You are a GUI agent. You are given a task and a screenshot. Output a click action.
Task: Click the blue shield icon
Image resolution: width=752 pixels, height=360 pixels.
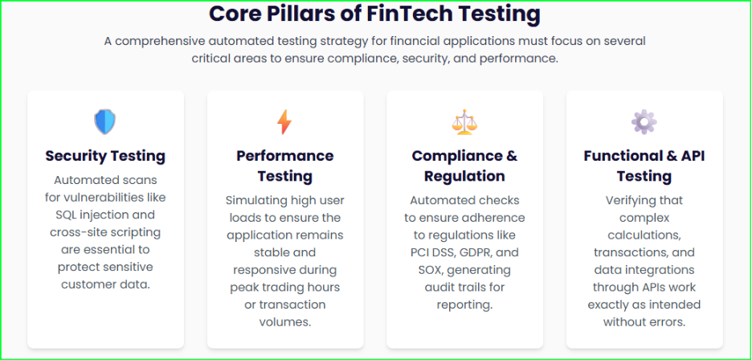click(105, 122)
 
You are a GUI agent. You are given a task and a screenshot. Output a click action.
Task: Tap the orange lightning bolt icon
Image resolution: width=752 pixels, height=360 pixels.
click(284, 122)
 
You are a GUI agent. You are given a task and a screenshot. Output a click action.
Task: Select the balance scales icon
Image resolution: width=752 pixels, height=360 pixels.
click(464, 122)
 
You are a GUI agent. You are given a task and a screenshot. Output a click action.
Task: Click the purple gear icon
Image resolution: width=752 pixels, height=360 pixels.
click(644, 122)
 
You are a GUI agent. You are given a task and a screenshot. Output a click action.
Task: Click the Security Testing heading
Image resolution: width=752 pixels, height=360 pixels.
click(105, 156)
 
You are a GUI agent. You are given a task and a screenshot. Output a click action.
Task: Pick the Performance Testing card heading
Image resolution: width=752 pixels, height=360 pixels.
click(284, 166)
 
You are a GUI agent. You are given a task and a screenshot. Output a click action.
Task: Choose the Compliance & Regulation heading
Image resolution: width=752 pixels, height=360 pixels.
click(464, 166)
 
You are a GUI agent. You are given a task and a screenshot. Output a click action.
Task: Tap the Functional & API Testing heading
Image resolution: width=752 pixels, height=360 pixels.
click(644, 166)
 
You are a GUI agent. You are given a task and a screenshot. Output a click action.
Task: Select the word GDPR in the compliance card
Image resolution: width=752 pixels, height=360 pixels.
click(480, 252)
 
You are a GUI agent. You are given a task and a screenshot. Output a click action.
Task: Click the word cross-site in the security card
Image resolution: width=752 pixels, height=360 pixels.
click(78, 232)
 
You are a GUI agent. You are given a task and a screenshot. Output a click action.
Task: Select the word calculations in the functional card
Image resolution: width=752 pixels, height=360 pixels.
click(644, 235)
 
